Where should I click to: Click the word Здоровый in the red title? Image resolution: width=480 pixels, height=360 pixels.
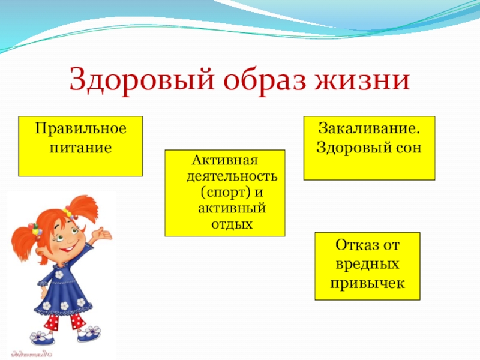point(141,79)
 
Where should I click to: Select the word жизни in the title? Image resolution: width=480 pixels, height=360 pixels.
point(363,80)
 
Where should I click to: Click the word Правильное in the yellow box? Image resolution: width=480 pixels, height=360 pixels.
point(80,128)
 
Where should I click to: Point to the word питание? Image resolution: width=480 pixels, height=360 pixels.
point(80,148)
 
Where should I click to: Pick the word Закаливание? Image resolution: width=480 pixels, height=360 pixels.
point(369,128)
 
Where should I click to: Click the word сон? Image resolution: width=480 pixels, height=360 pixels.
point(408,148)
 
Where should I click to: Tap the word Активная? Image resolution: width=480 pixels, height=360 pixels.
point(224,160)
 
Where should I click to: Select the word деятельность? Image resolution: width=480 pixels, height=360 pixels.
point(232,176)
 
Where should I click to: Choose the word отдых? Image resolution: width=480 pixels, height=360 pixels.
point(232,224)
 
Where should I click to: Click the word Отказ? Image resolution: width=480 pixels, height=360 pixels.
point(355,245)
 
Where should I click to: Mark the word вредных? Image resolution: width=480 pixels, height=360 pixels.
point(367,263)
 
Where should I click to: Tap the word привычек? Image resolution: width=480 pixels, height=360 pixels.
point(367,283)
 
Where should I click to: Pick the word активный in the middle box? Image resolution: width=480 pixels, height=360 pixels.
point(232,208)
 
